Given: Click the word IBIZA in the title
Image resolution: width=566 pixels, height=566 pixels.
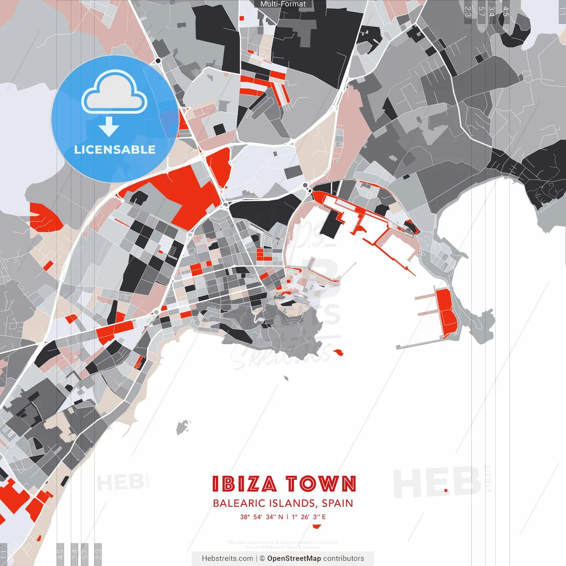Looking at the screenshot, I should (x=245, y=484).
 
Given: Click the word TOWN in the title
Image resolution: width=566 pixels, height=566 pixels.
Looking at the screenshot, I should (x=320, y=484).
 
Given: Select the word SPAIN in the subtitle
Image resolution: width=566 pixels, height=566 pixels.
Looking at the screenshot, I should (x=337, y=503).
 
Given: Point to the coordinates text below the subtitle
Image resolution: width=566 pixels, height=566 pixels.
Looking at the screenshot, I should (x=283, y=517).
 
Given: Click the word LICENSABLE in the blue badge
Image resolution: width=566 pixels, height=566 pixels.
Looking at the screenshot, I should (x=115, y=149).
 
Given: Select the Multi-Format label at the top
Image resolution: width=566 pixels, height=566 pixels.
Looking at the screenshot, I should (x=283, y=4).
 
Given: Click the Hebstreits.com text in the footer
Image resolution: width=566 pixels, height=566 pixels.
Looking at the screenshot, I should (x=227, y=558).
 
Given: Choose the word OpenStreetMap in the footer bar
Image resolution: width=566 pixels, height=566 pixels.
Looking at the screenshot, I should (x=294, y=558).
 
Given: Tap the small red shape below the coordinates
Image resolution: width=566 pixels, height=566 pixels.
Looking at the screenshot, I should (x=316, y=526).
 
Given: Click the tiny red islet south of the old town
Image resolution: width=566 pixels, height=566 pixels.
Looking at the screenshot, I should (x=339, y=352).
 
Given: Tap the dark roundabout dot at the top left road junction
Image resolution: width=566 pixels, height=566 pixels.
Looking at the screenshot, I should (x=158, y=61).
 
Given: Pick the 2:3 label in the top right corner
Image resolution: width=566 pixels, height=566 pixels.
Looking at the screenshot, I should (x=468, y=11).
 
